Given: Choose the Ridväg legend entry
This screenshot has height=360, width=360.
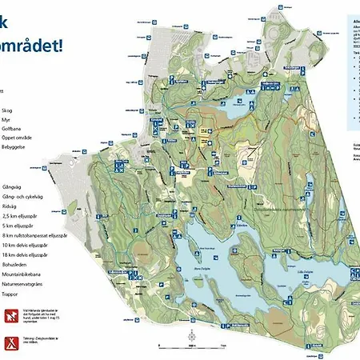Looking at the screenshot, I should point(12,204).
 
